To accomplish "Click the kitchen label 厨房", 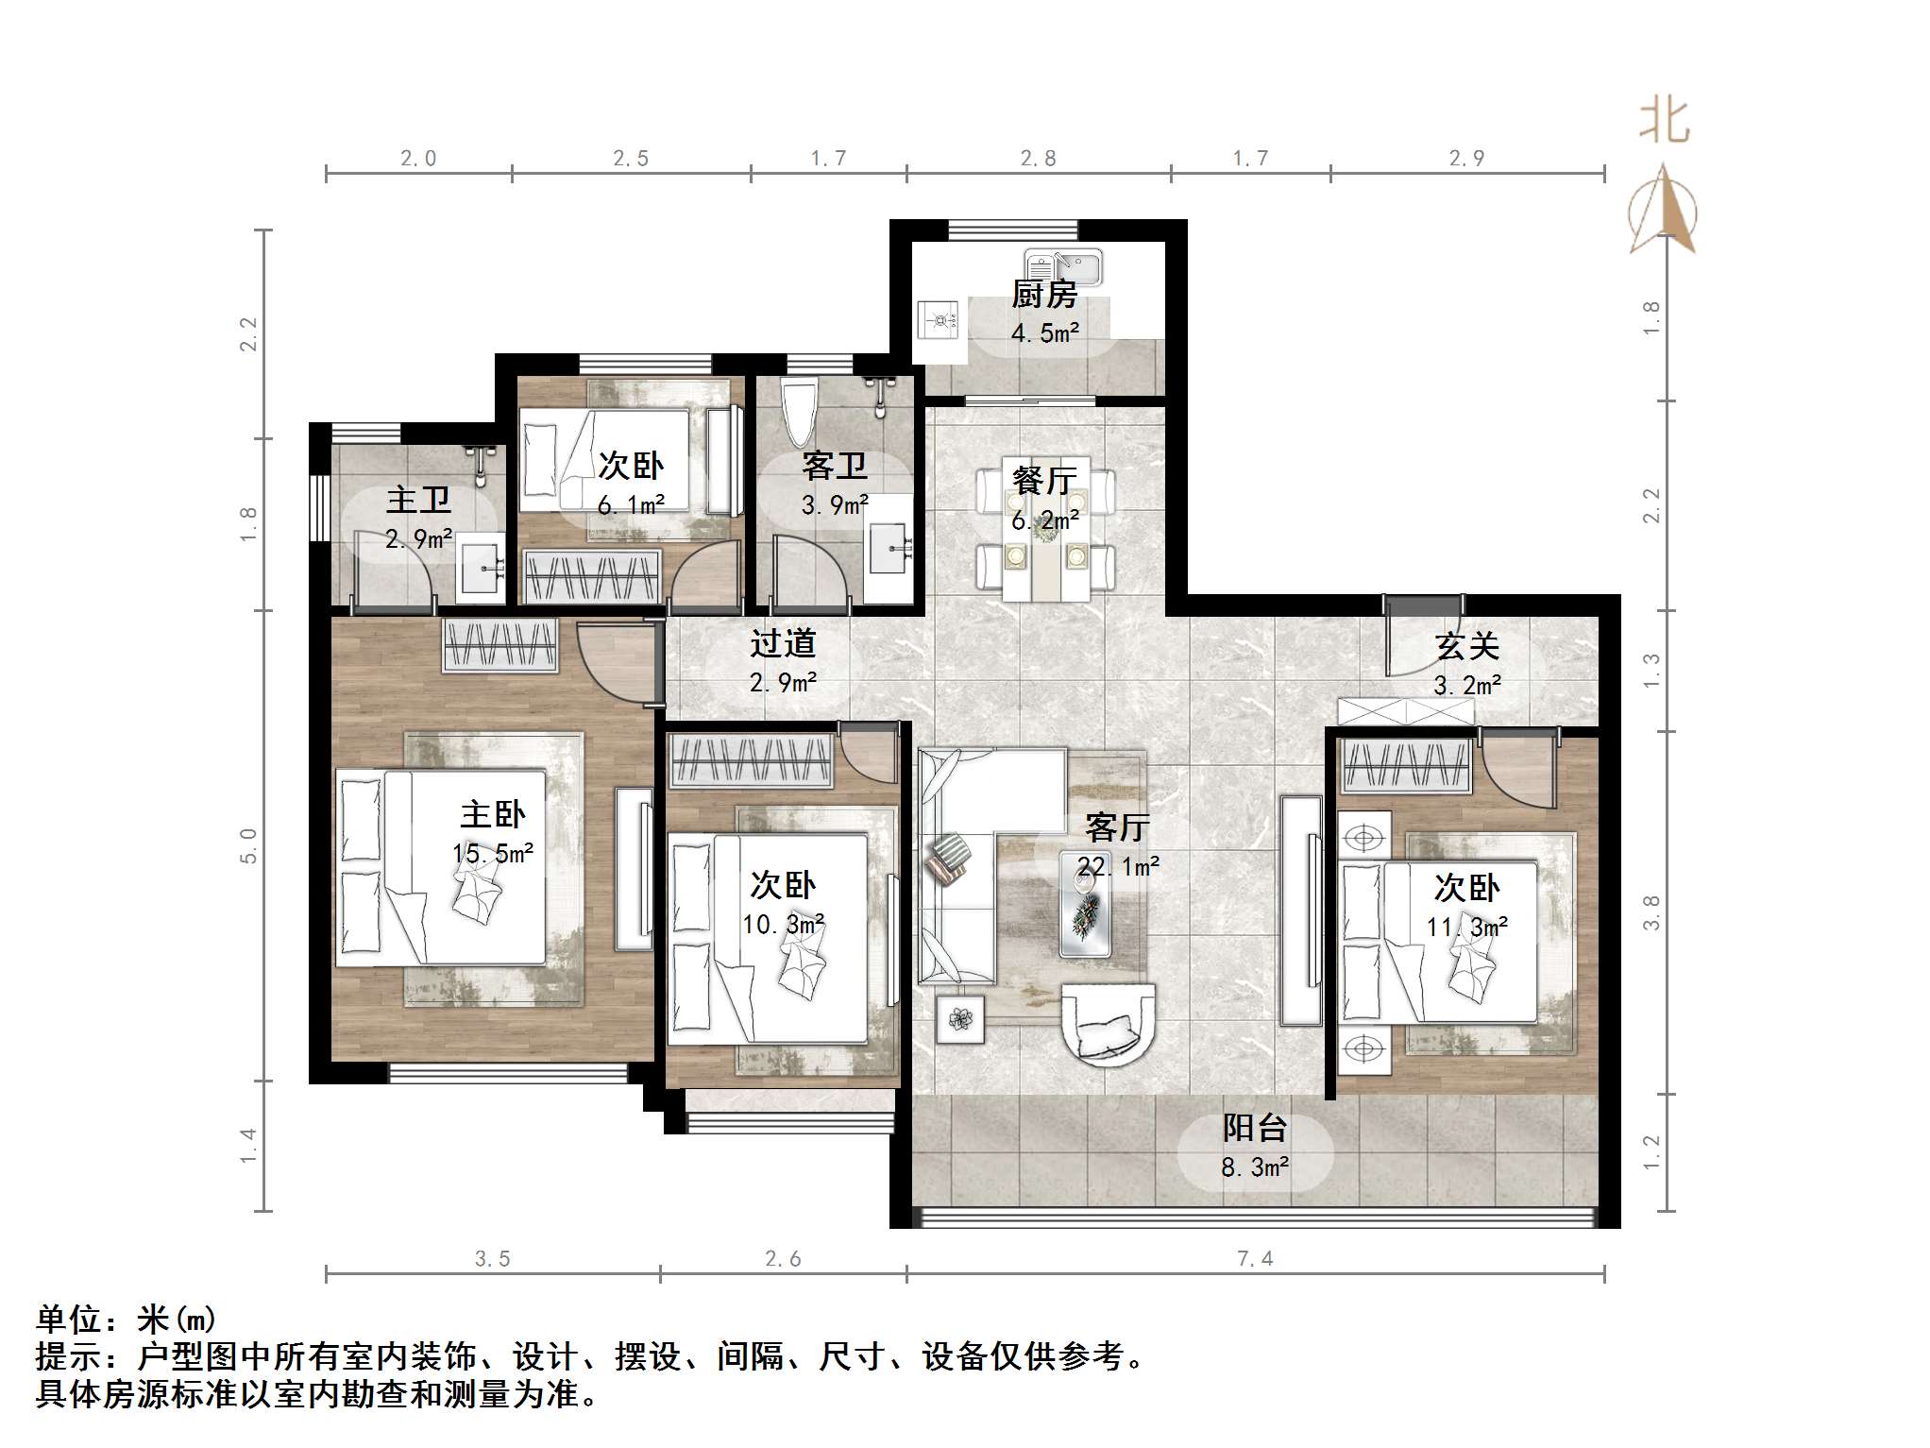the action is (x=1044, y=295).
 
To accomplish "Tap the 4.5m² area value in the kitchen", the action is (x=1045, y=332).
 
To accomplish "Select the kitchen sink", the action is (x=1063, y=266).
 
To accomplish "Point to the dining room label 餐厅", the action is (x=1044, y=481).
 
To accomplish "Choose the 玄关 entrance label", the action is (x=1467, y=646).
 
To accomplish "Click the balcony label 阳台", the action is (x=1255, y=1128).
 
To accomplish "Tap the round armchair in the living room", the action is (x=1109, y=1024).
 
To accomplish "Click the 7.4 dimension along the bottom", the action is (x=1255, y=1258).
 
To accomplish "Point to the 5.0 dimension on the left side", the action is (x=248, y=845).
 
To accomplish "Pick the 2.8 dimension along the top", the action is (x=1039, y=158).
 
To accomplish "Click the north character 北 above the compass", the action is (x=1664, y=122).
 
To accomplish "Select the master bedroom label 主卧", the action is (x=493, y=814).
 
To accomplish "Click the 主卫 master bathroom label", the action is (x=418, y=500).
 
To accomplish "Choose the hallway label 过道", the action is (x=783, y=643).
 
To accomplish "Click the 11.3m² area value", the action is (x=1467, y=927).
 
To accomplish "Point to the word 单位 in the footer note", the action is (x=69, y=1320).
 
